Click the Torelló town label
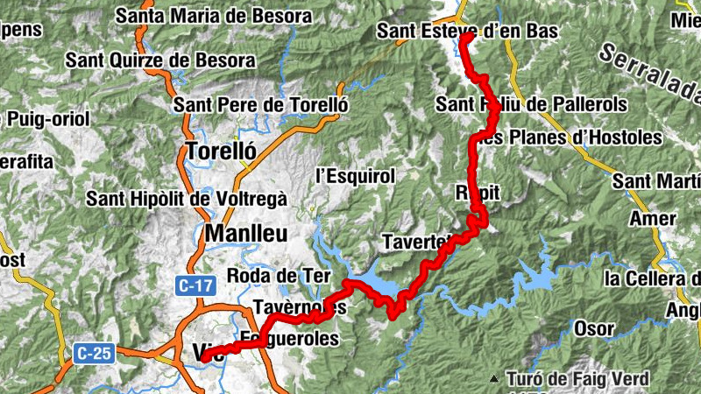tap(221, 151)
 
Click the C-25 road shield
tap(93, 353)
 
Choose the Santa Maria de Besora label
tap(213, 16)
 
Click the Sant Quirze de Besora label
tap(160, 60)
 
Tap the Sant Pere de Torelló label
tap(261, 105)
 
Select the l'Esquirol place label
tap(355, 176)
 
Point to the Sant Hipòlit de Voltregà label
tap(186, 199)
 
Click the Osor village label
tap(593, 328)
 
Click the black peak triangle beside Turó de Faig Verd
tap(495, 379)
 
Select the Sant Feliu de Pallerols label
tap(531, 105)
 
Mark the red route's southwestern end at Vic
tap(204, 357)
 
